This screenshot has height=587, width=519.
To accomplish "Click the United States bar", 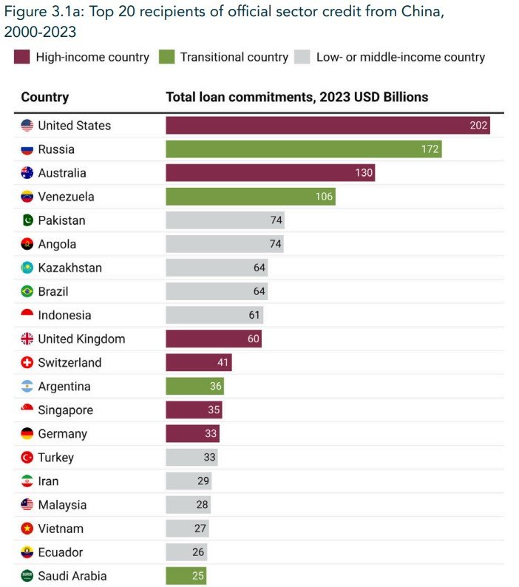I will [328, 126].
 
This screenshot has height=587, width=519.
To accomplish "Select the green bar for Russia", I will [303, 149].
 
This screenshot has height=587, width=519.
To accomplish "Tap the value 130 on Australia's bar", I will [364, 173].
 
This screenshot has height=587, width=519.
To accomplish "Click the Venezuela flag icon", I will [27, 197].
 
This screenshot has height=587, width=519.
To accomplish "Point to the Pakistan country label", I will [61, 220].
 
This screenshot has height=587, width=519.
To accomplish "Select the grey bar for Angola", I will [225, 244].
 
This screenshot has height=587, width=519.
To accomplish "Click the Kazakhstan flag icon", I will [27, 268].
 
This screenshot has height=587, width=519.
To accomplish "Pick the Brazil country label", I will [53, 291].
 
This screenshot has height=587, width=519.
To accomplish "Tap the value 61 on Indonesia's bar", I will [254, 315].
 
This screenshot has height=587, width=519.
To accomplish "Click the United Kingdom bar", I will [214, 339].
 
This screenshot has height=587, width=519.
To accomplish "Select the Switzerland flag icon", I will [27, 363].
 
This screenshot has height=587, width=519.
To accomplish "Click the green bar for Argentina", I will [194, 387].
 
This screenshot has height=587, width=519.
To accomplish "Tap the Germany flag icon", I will [27, 434].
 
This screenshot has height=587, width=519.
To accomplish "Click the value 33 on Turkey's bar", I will [209, 458].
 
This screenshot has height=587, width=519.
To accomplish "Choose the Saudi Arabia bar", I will [186, 576].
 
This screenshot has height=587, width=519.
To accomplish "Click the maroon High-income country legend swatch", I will [21, 57].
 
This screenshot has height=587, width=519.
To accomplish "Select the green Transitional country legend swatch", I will [166, 57].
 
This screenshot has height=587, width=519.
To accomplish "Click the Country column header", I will [45, 97].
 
